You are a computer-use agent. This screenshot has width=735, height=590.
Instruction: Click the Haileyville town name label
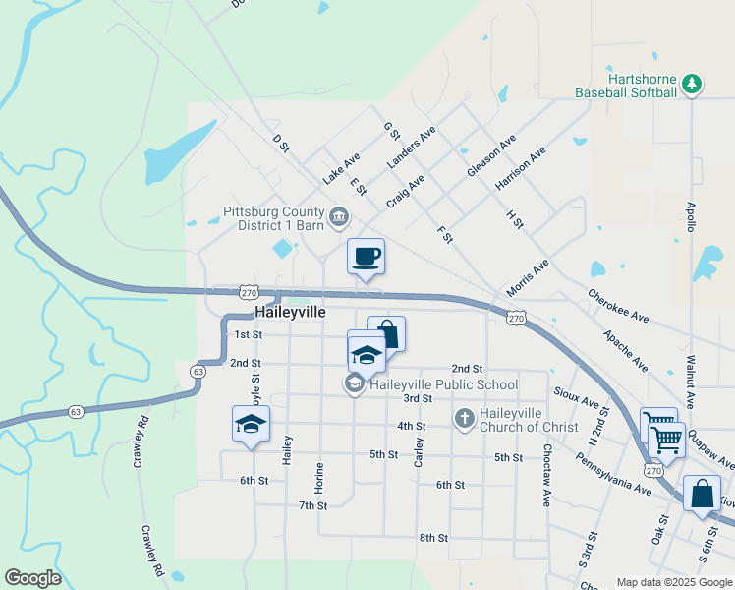(x=290, y=311)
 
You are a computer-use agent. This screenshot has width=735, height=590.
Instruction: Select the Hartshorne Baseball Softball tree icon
(x=691, y=84)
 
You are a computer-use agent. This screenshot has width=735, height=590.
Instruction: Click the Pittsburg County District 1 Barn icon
(x=338, y=215)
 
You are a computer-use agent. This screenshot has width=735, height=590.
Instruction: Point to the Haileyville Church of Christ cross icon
(x=464, y=418)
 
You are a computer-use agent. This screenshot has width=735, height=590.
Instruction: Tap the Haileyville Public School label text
(x=442, y=384)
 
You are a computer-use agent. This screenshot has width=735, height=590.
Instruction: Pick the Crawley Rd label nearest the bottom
(x=150, y=550)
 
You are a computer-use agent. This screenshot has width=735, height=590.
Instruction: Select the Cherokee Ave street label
(x=619, y=304)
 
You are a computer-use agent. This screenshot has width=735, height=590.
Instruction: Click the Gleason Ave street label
(x=491, y=156)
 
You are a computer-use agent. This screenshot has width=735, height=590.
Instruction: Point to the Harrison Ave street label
(x=521, y=170)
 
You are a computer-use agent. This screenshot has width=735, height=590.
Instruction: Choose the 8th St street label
(x=433, y=538)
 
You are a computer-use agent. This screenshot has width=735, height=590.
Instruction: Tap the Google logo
(x=32, y=578)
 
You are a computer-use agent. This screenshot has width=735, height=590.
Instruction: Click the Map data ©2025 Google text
(x=673, y=582)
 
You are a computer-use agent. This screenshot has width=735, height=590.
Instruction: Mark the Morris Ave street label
(x=527, y=279)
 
